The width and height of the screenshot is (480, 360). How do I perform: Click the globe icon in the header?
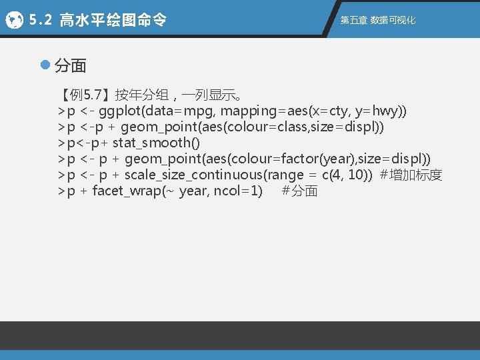pos(13,21)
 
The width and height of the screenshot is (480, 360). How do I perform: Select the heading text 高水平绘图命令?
pos(113,21)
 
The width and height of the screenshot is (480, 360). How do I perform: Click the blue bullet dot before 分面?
pos(45,65)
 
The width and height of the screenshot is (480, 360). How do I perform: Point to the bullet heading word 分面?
pos(70,65)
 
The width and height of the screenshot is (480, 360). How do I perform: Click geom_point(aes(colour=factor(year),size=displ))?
pos(278,159)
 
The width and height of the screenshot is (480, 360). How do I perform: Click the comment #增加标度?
pos(411,175)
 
